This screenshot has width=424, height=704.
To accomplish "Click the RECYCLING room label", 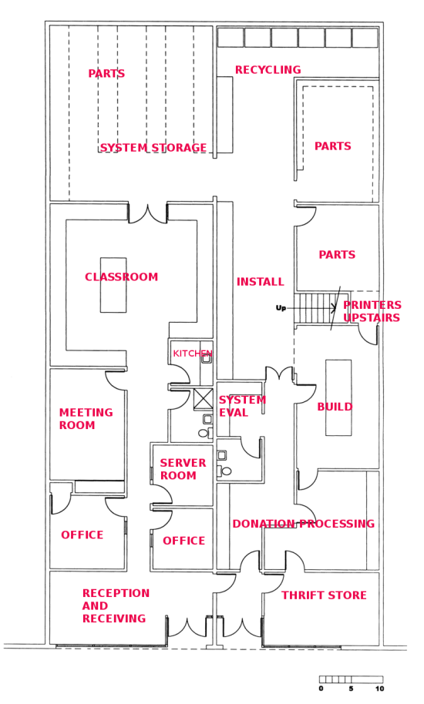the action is point(268,70).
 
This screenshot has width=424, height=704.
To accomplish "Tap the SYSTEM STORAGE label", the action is point(153,148).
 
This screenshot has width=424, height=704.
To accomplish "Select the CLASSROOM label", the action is point(121,277).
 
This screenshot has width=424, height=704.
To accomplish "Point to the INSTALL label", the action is point(260,282).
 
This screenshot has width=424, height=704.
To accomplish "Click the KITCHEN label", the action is point(192,354).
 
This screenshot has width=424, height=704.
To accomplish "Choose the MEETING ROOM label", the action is point(86,419).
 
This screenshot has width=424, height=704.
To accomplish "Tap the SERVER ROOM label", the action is point(183,469).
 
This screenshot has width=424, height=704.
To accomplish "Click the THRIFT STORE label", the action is point(324,595).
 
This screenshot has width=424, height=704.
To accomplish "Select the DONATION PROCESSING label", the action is point(303,524).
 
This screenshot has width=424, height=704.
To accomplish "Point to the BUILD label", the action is point(335,407).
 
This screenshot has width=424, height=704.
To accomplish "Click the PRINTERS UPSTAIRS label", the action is point(372,311).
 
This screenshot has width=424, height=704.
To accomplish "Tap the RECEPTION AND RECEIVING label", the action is point(116,605).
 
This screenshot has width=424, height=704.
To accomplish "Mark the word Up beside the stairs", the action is point(281,308).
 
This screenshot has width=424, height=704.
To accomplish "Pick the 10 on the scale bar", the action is point(379,689).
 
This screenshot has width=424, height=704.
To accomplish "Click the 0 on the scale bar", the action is point(321,689).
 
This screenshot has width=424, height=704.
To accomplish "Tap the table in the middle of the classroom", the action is point(113,285).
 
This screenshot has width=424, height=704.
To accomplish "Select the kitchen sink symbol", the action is point(206,358).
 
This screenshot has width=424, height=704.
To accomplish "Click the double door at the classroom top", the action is point(148,214).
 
